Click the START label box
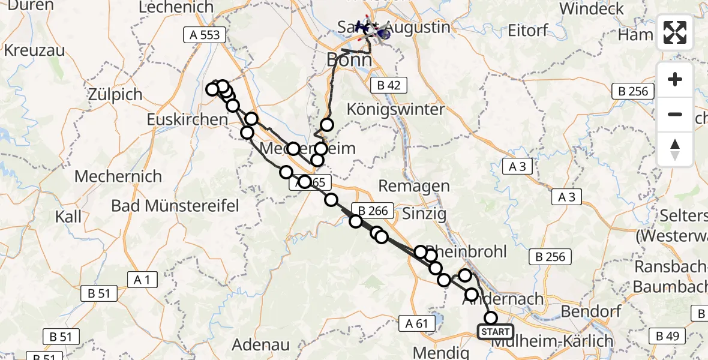(x=496, y=332)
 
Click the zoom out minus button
(x=675, y=114)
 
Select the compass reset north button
(x=675, y=149)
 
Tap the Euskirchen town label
(x=187, y=119)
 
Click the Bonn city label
(x=349, y=60)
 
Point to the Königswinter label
(x=397, y=110)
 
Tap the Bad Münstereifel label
(x=175, y=206)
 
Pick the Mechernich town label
(x=118, y=176)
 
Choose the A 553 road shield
(x=205, y=35)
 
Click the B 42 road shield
(x=388, y=85)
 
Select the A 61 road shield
(x=416, y=323)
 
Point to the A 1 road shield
(x=142, y=279)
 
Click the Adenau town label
(x=261, y=346)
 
